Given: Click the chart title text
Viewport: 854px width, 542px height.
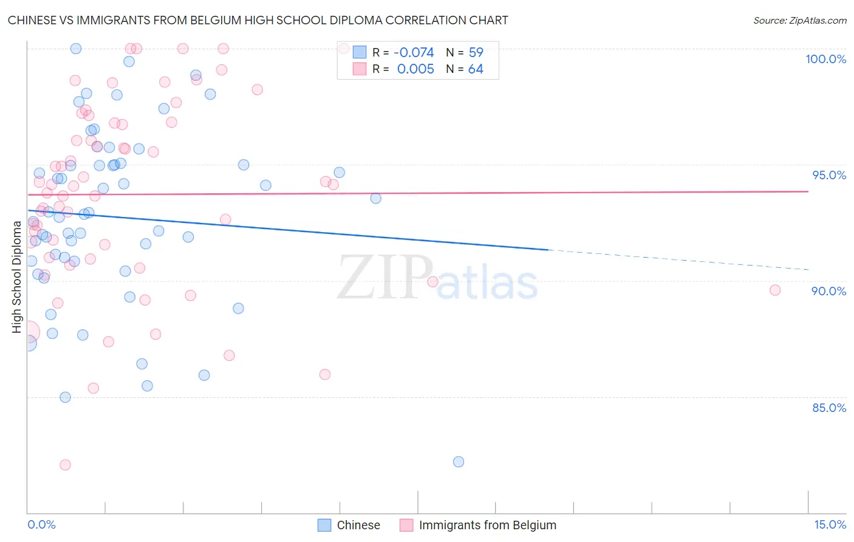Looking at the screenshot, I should (x=258, y=20).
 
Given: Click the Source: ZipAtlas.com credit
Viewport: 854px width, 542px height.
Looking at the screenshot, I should (x=799, y=20).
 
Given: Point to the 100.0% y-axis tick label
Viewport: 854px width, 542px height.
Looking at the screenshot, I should (x=825, y=59).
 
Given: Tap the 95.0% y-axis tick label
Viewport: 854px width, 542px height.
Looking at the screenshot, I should (x=829, y=175).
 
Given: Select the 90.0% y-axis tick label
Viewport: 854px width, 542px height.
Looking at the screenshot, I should (x=828, y=291).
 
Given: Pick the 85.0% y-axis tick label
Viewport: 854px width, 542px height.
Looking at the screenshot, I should (x=829, y=408).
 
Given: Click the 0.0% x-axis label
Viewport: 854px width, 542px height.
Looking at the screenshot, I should (x=41, y=524).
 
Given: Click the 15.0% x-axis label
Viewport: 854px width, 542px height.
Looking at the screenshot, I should (x=830, y=524).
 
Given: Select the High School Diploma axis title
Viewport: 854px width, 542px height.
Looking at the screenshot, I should (x=16, y=276).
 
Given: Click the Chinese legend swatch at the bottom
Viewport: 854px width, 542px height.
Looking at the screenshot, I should (x=324, y=525).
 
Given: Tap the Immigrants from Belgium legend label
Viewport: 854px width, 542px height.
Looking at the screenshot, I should (x=487, y=525).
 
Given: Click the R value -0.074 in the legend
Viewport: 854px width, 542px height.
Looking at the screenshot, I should (x=415, y=53).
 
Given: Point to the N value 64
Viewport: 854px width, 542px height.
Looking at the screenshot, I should (x=476, y=69).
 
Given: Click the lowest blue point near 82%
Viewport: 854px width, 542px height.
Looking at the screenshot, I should (x=459, y=462).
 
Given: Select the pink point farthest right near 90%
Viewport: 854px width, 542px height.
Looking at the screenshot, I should (x=775, y=290).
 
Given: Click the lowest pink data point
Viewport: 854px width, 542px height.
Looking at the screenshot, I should (x=65, y=465).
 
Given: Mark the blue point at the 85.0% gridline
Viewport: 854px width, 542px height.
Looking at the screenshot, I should (x=65, y=397).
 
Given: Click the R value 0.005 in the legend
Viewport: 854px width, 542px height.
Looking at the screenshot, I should (x=415, y=69).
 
